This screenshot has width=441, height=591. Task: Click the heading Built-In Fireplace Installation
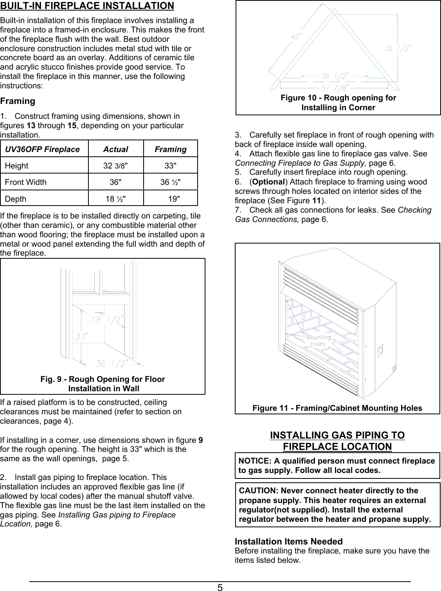pos(87,6)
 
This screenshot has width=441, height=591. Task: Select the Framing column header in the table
pos(170,149)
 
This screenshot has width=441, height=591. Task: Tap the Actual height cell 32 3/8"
pos(115,166)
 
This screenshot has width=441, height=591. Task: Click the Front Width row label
pos(26,182)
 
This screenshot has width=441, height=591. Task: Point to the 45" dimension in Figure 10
pos(296,37)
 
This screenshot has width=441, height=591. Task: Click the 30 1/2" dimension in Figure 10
pos(397,48)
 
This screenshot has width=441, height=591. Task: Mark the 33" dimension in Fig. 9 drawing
pos(81,336)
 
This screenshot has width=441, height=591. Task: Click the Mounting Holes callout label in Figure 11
pos(318,340)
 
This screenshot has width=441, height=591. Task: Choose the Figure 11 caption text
pos(337,408)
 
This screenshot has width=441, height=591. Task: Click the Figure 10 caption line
pos(338,98)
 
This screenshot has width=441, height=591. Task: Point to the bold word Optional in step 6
pos(268,182)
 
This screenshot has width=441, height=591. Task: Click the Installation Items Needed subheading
pos(288,541)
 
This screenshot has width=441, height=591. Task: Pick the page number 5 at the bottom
pos(220,587)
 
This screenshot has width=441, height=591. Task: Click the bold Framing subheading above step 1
pos(18,101)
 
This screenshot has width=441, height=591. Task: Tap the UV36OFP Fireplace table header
pos(42,149)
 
